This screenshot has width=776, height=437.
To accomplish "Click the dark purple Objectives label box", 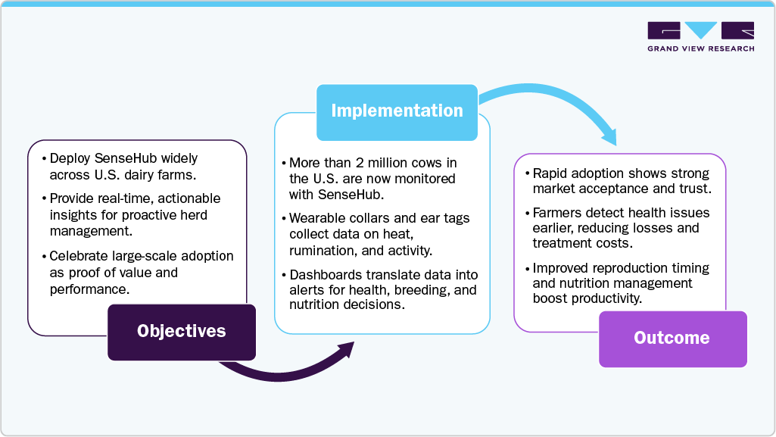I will (x=181, y=331).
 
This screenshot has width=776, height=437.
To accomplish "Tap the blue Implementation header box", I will (x=397, y=111).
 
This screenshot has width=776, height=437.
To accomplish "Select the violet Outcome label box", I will (x=672, y=338).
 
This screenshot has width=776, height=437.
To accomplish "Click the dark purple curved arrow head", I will (x=345, y=350).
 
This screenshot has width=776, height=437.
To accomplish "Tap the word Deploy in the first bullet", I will (x=69, y=158).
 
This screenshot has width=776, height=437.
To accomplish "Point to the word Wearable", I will (x=318, y=218).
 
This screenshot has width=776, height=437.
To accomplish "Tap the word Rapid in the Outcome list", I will (x=551, y=173).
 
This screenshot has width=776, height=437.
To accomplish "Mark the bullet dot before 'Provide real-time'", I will (x=42, y=198).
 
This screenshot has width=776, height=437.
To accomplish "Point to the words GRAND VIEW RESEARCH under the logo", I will (x=700, y=48).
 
